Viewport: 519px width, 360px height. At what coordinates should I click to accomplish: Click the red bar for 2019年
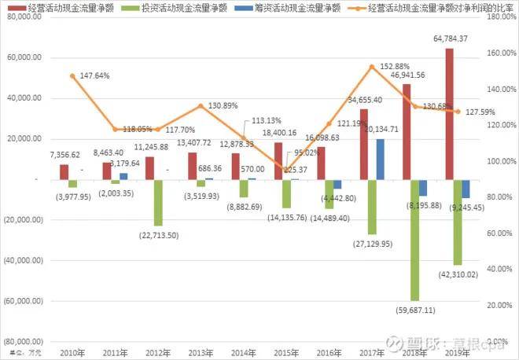coord(449,114)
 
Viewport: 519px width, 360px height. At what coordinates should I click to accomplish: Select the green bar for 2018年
coord(414,240)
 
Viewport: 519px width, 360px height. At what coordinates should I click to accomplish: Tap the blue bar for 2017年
coord(381,159)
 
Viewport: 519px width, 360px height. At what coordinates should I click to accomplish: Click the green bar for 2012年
coord(158,202)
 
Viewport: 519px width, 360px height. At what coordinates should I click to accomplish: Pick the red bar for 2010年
coord(64,171)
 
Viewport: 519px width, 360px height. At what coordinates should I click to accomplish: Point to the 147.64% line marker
coord(73,75)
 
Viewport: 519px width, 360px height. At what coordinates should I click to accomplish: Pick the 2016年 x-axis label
coord(329,352)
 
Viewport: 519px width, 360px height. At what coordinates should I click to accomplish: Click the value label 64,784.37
coord(451,39)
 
